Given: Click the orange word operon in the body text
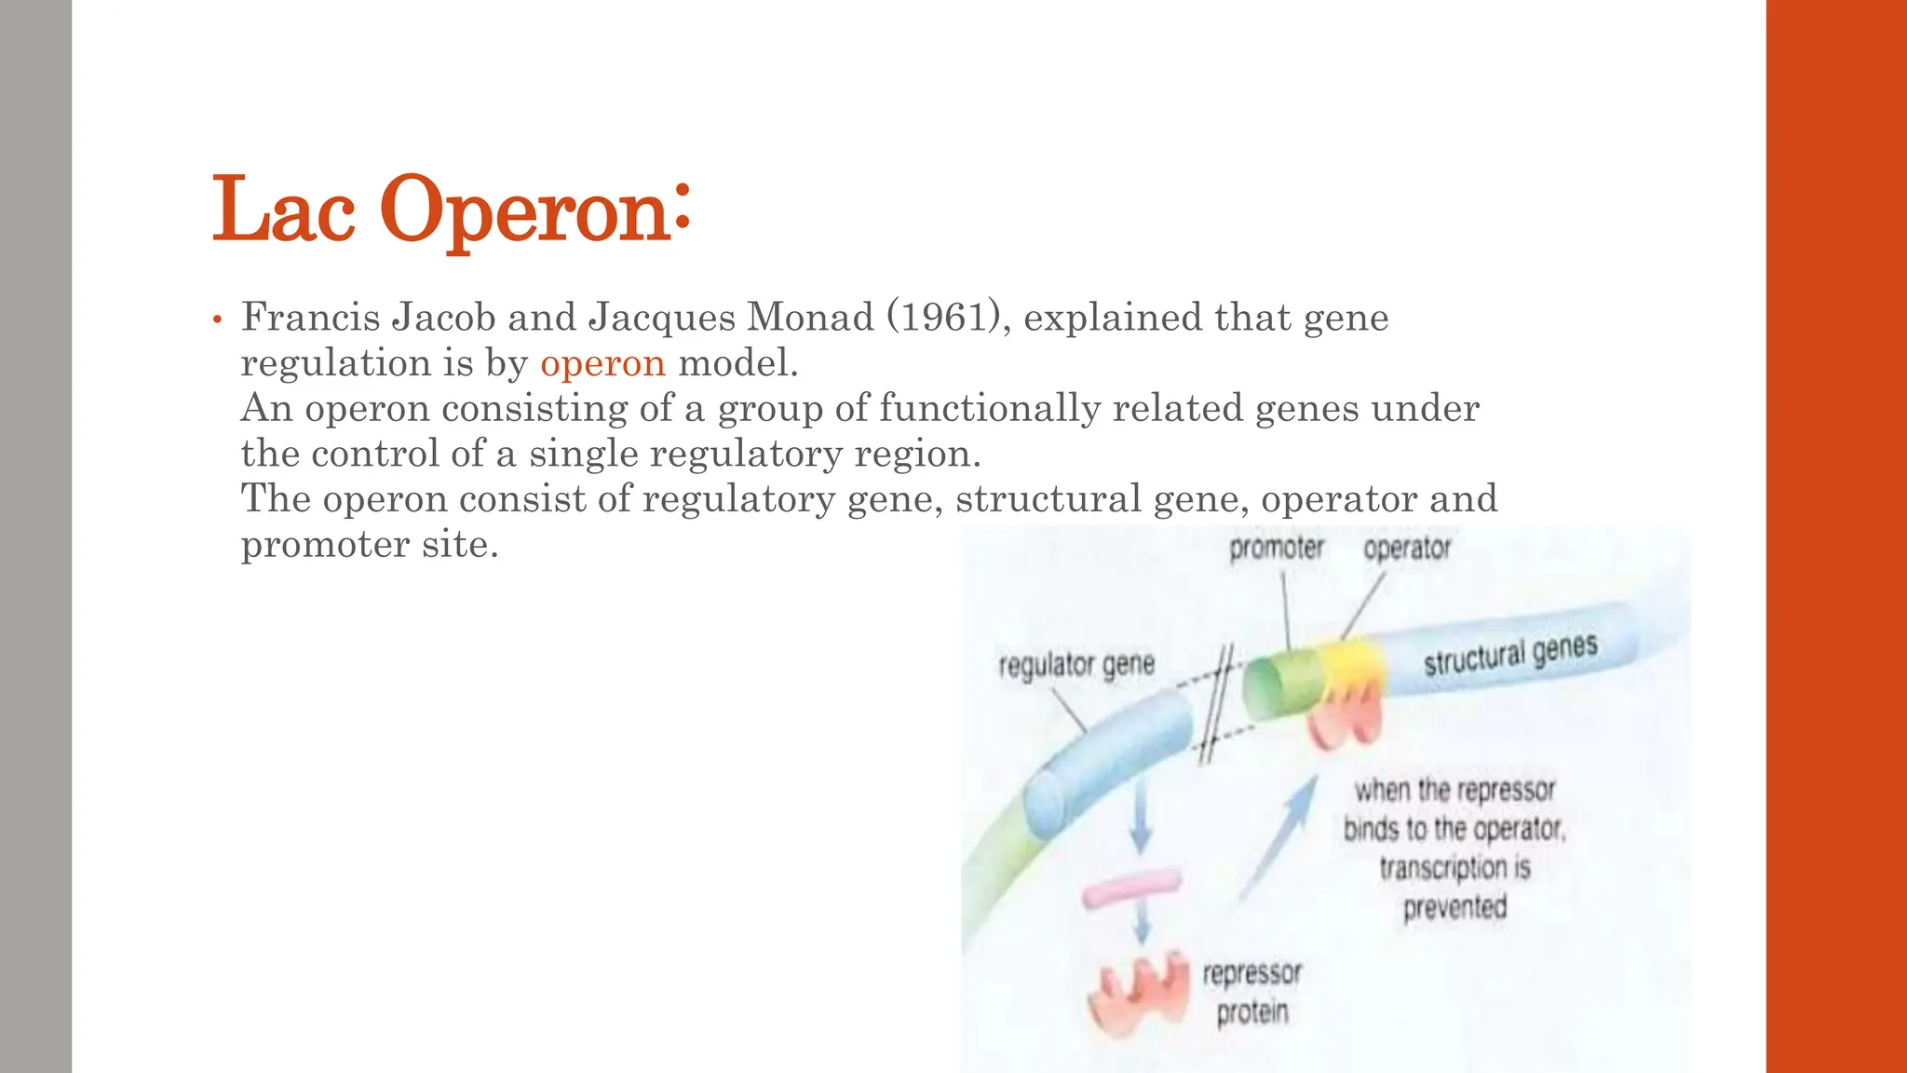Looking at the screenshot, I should pyautogui.click(x=602, y=363).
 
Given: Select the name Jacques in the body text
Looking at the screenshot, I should pyautogui.click(x=661, y=318).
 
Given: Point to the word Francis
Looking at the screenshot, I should pyautogui.click(x=310, y=318).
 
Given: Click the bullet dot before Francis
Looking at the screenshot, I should pyautogui.click(x=217, y=320).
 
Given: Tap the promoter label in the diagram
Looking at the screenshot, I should pyautogui.click(x=1276, y=549).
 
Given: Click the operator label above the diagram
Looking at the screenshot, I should pyautogui.click(x=1406, y=549).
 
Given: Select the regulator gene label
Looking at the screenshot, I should pyautogui.click(x=1075, y=665).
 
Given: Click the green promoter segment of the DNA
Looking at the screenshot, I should pyautogui.click(x=1280, y=685).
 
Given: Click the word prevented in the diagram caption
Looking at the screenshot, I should pyautogui.click(x=1454, y=906).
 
